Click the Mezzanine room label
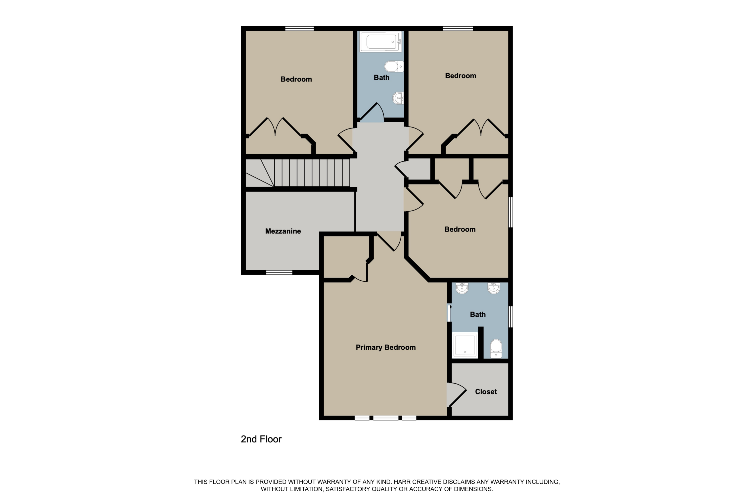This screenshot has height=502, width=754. pos(283,231)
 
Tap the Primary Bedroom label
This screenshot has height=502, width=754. pos(386,347)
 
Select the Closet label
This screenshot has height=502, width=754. pos(486,392)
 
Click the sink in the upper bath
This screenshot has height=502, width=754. pos(398,98)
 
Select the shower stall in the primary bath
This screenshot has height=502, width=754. pos(464,345)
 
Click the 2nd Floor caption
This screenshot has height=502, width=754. pos(261,439)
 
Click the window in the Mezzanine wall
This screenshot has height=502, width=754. pos(279,272)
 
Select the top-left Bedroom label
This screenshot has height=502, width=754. pos(296,79)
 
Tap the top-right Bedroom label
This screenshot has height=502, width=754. pos(460,76)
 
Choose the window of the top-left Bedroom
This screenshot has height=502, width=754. pos(299,29)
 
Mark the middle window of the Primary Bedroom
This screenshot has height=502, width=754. pos(386,418)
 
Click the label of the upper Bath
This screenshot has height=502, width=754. pos(382,78)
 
